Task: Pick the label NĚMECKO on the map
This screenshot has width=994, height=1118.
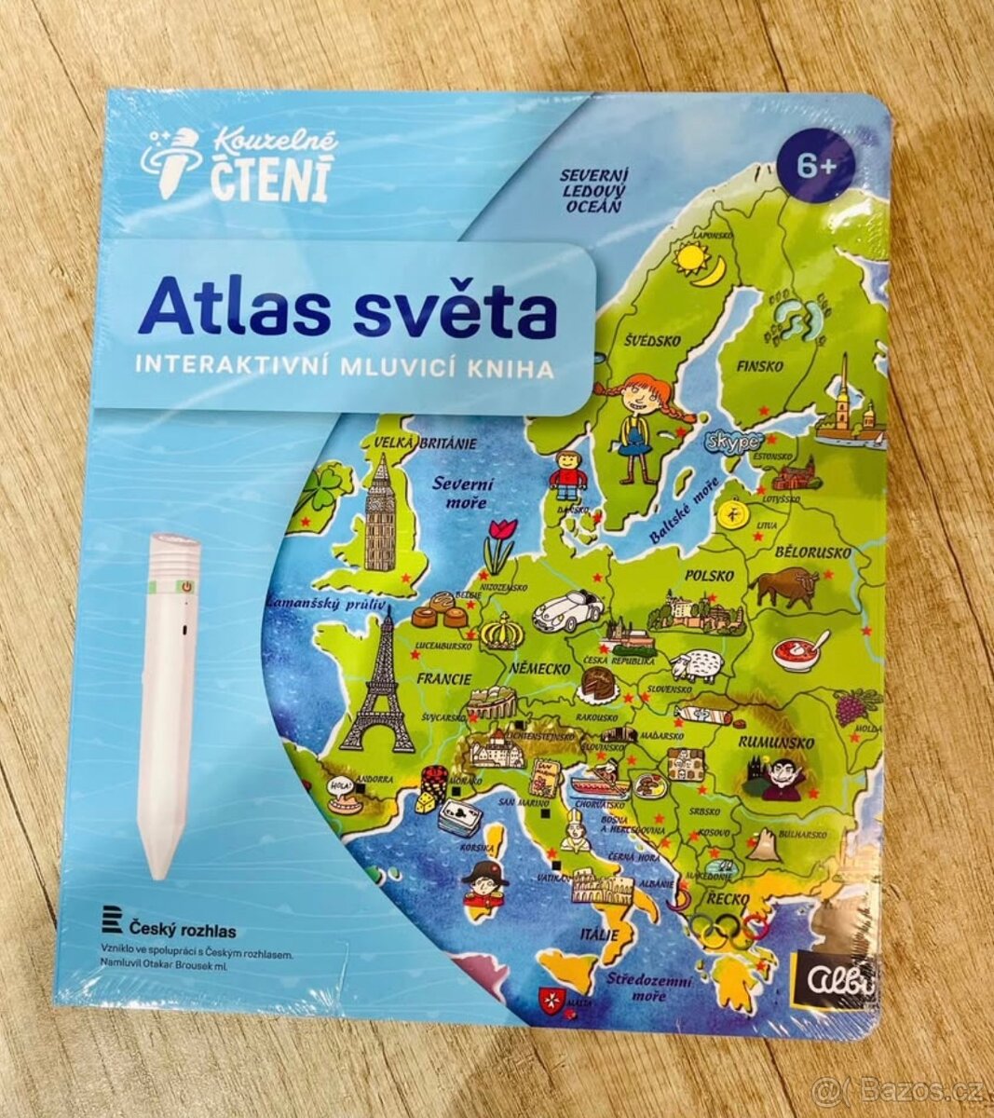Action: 539,669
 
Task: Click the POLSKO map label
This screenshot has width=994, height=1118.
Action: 709,576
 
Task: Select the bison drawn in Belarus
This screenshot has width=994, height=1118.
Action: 785,587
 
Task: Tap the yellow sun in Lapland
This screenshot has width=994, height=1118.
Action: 691,255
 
